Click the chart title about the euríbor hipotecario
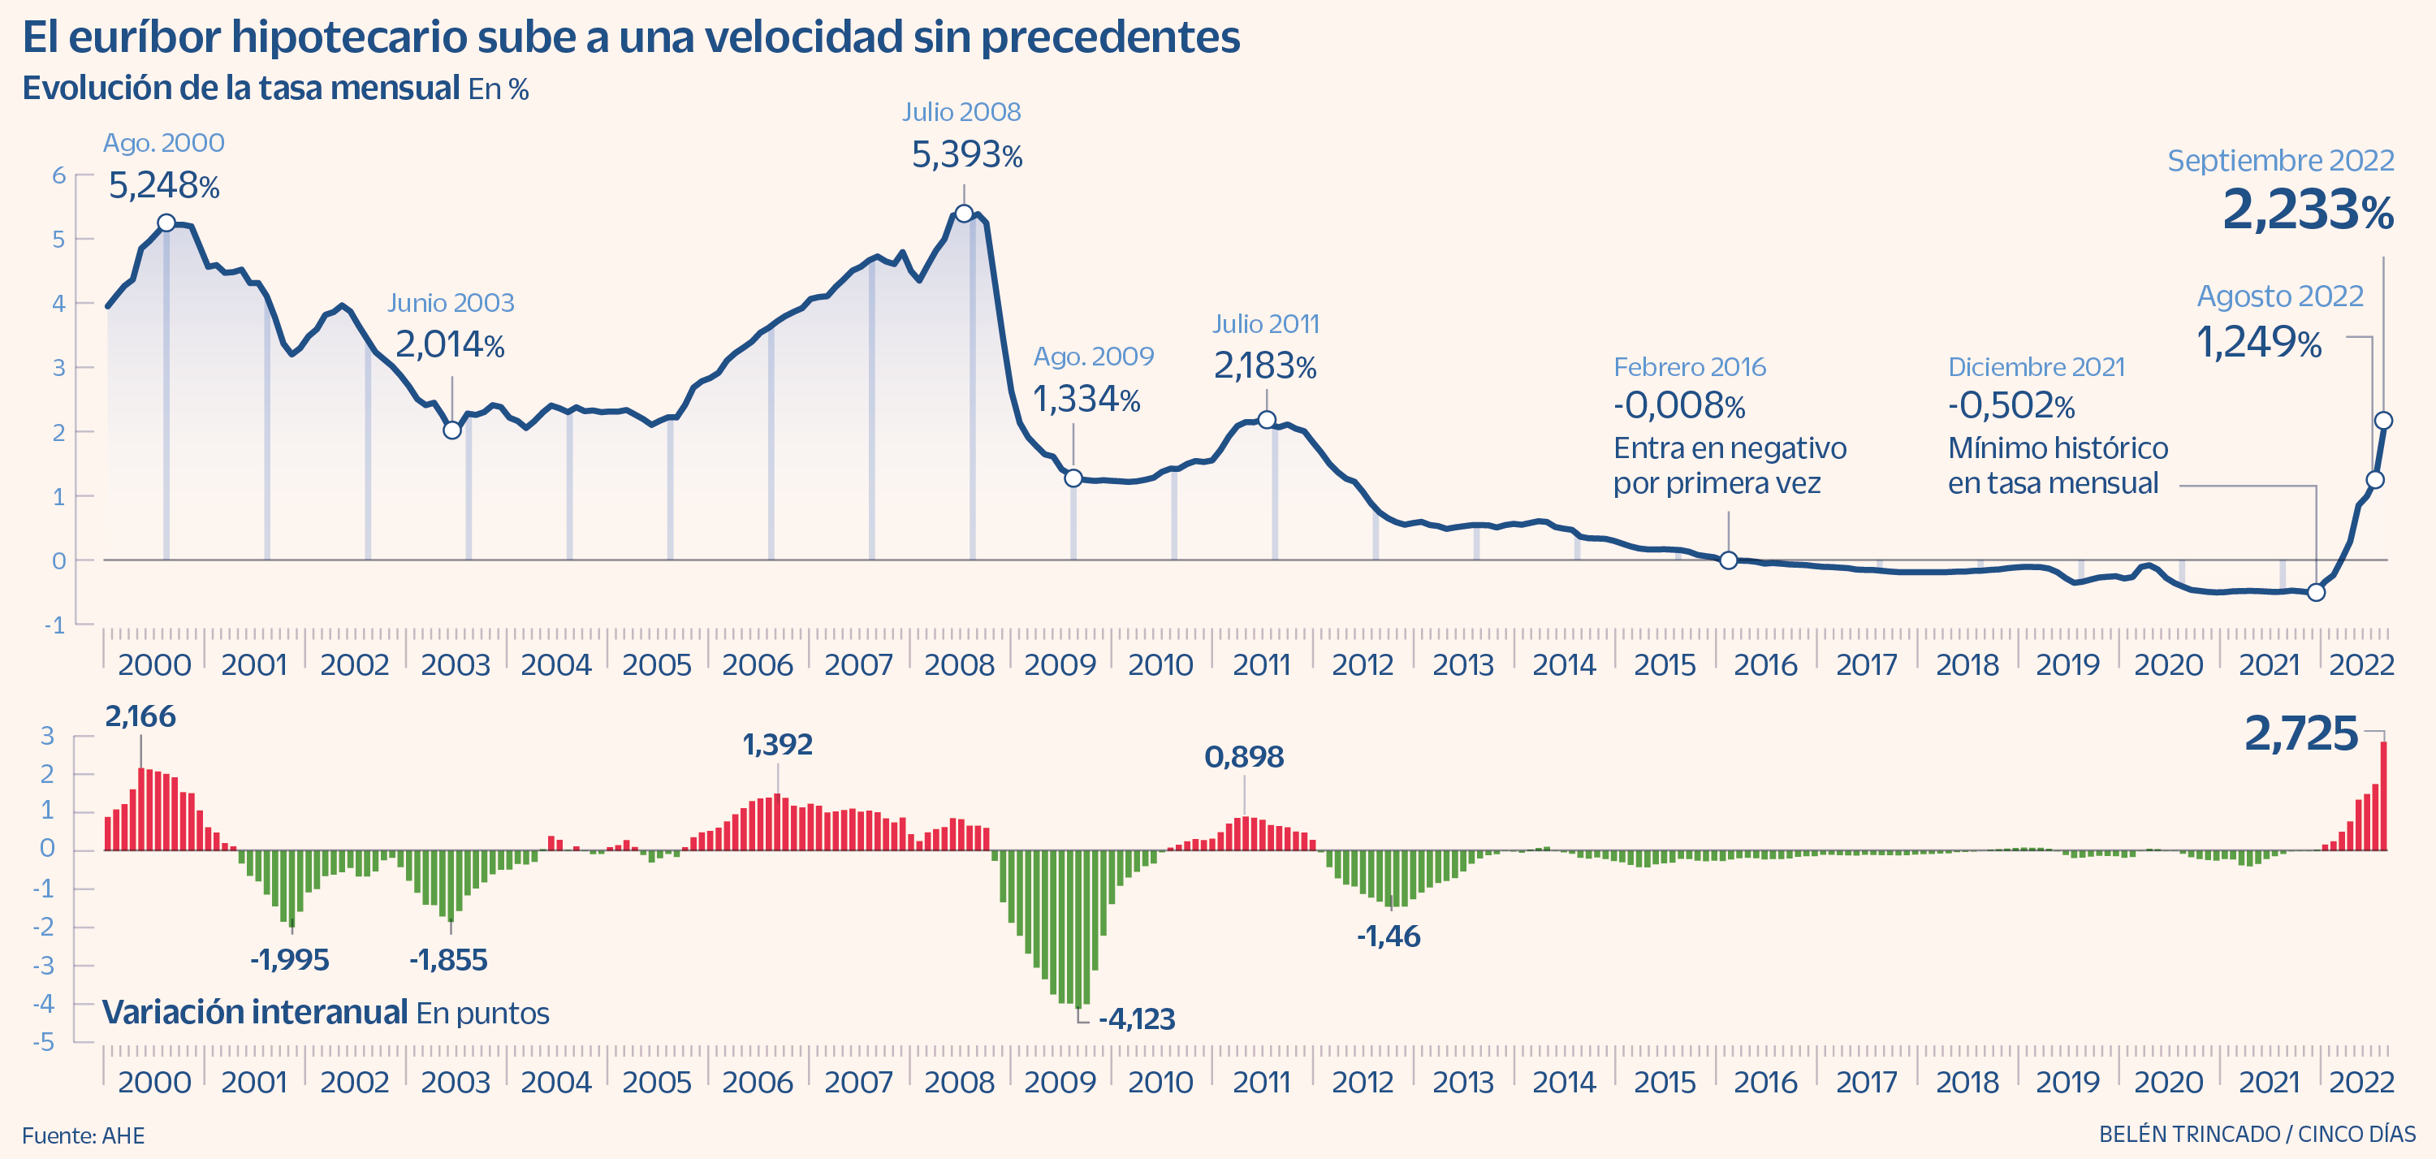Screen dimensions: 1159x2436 click(631, 38)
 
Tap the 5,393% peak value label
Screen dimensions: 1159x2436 click(966, 155)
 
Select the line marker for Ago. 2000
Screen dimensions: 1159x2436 click(166, 223)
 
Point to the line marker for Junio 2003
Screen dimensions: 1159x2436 click(452, 430)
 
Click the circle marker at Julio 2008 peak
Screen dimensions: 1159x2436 click(964, 214)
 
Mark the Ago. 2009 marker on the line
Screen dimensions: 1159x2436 click(1073, 478)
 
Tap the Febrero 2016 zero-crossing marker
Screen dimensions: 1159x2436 click(1729, 560)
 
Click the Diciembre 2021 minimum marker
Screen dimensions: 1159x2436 click(2316, 592)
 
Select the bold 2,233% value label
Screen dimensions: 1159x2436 click(2308, 210)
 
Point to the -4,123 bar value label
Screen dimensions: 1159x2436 click(1137, 1019)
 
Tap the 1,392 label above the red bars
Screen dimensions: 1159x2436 click(777, 745)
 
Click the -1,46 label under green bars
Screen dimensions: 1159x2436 click(1389, 936)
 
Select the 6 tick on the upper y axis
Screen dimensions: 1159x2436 click(58, 175)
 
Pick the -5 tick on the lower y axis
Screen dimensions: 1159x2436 click(44, 1043)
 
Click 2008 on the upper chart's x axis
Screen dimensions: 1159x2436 click(959, 665)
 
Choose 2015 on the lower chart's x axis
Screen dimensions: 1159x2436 click(1665, 1083)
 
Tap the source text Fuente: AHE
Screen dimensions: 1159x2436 click(83, 1135)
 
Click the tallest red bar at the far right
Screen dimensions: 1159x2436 click(2384, 797)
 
